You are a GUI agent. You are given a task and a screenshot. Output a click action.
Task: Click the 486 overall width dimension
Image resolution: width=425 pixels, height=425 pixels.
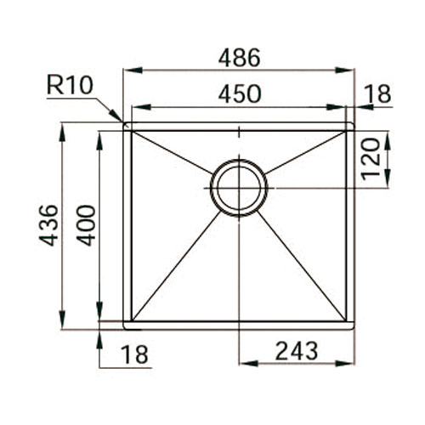pos(240,58)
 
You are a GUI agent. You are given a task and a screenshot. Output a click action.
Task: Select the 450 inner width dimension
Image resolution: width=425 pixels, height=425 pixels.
pos(240,93)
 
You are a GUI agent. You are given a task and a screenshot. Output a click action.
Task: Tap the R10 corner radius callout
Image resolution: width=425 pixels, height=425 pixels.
pos(70,85)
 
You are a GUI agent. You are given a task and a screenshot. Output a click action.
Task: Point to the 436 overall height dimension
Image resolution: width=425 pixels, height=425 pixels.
pos(48,225)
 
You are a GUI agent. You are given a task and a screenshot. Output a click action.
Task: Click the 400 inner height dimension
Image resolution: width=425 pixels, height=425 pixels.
pos(87,225)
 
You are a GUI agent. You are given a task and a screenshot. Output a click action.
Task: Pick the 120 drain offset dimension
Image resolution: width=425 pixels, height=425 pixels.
pos(371,159)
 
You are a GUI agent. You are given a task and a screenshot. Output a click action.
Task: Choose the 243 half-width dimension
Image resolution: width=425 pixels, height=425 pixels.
pos(297,350)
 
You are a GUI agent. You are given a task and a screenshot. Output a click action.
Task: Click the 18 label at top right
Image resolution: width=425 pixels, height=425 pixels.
pos(377,93)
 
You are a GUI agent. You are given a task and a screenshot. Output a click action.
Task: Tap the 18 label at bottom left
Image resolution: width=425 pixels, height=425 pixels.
pos(134,354)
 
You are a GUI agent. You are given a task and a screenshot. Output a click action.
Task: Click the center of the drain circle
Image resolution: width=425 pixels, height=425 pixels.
pos(239,188)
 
